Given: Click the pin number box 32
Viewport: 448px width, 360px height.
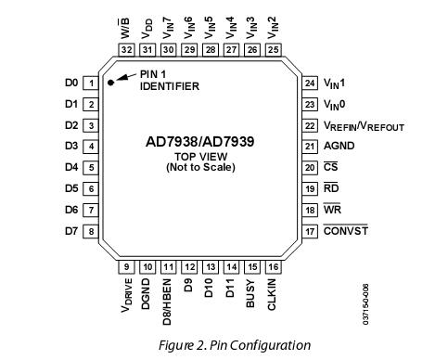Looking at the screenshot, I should (127, 49).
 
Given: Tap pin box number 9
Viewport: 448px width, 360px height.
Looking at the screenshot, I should (127, 266).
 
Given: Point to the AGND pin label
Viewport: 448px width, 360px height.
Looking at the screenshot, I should (338, 147).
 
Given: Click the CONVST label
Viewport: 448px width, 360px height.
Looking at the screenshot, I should (345, 230).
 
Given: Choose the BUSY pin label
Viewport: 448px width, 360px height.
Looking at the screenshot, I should (250, 292).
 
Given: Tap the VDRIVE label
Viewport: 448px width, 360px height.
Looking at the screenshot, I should (126, 297).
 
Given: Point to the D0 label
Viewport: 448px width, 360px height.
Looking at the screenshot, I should (70, 83).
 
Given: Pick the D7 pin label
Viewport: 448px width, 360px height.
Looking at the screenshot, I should (70, 231).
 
